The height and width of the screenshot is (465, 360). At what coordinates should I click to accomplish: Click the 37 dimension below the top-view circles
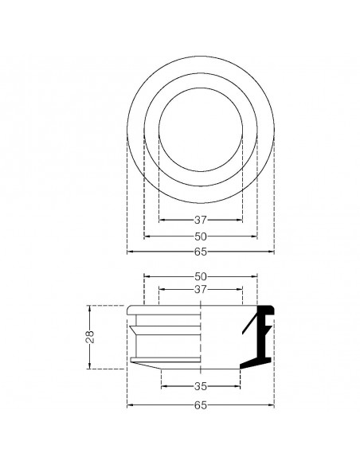pos(200,220)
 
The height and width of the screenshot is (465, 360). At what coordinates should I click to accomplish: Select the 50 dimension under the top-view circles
pos(200,236)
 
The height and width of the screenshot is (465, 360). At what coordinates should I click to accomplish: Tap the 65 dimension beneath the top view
pos(200,252)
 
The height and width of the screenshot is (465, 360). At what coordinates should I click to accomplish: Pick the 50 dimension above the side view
pos(200,276)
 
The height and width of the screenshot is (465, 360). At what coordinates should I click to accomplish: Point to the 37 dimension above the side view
pos(200,290)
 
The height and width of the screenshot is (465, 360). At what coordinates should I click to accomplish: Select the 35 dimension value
pos(200,388)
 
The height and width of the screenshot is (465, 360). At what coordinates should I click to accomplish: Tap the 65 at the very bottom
pos(200,405)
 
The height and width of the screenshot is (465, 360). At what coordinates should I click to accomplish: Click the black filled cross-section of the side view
pos(259,338)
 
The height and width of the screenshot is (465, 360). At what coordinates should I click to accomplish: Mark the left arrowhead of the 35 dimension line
pos(163,388)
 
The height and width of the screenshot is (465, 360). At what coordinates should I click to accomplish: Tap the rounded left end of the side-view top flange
pos(128,309)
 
